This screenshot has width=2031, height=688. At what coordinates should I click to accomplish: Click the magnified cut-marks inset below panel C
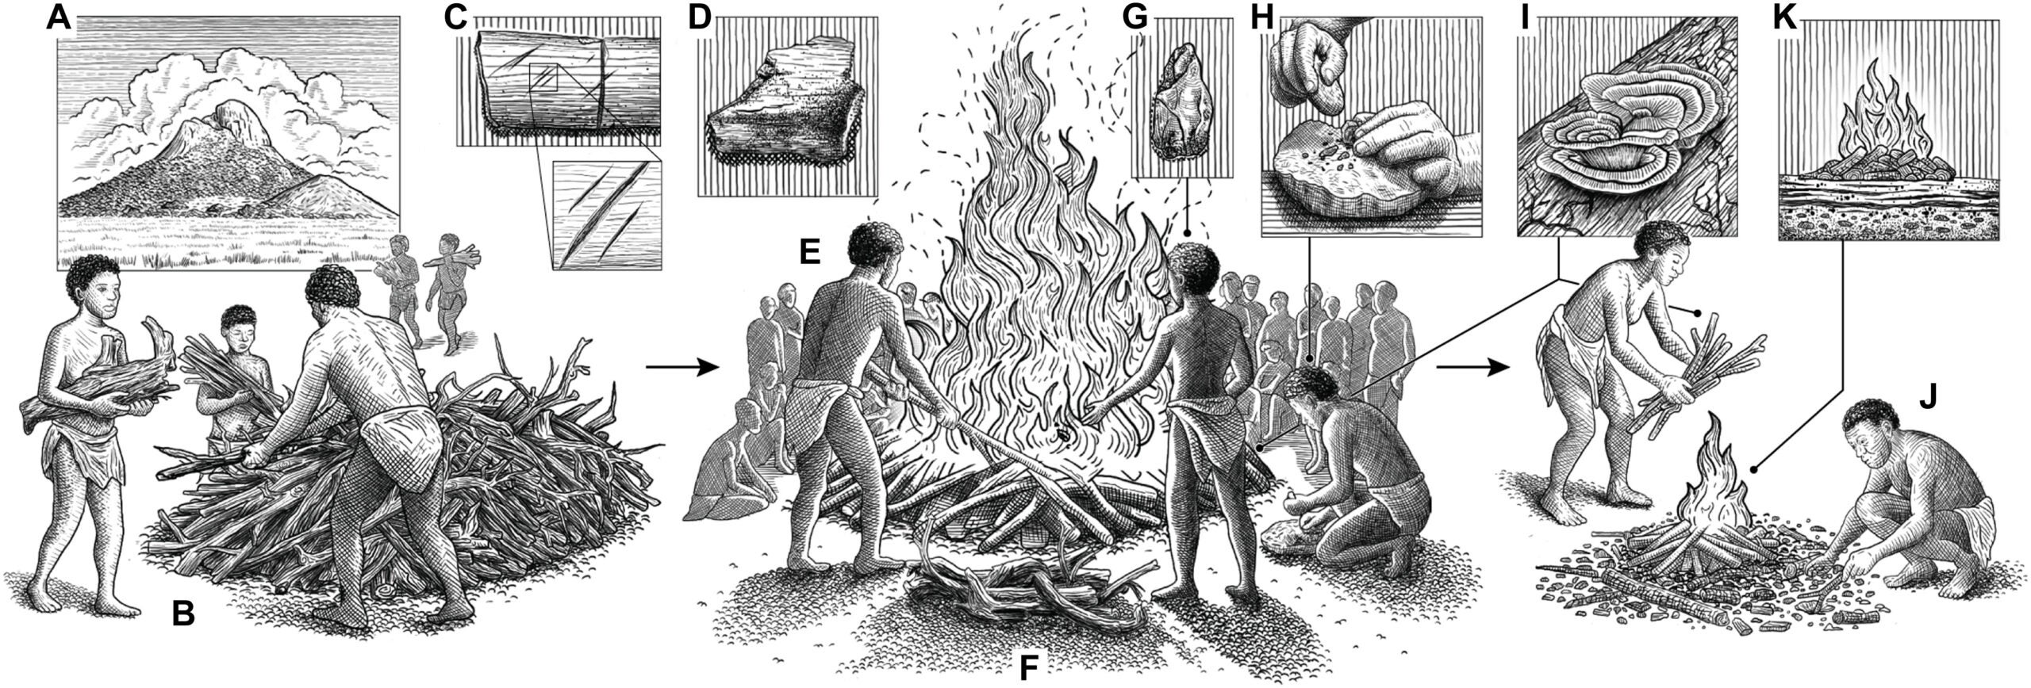tap(605, 216)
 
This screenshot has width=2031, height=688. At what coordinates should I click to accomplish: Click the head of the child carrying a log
tap(94, 285)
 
